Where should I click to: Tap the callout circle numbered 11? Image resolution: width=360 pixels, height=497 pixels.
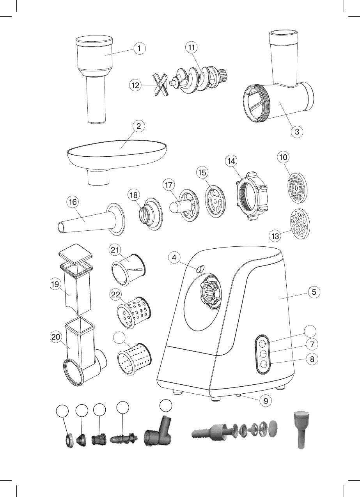(191, 47)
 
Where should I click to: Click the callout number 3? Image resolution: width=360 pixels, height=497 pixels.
(297, 131)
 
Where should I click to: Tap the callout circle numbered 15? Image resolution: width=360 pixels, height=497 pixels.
(202, 172)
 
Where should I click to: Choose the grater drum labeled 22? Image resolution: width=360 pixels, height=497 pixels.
(133, 312)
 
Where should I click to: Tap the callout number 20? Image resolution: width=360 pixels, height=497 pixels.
(56, 338)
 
